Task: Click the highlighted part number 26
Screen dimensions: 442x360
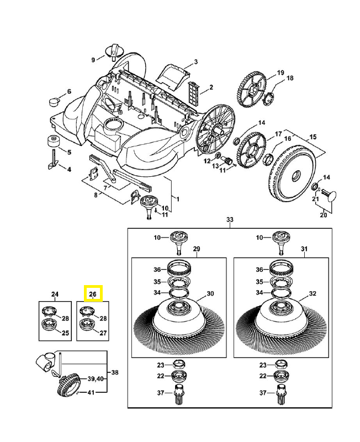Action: pyautogui.click(x=92, y=294)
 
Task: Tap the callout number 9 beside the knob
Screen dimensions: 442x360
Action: pyautogui.click(x=93, y=59)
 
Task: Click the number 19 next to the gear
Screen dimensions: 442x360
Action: pyautogui.click(x=280, y=72)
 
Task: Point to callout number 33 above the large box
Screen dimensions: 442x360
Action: pyautogui.click(x=230, y=220)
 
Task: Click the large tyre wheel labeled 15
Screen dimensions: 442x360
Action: pyautogui.click(x=292, y=171)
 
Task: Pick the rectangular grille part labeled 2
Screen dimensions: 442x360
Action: pyautogui.click(x=193, y=89)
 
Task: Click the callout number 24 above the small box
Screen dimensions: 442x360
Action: pyautogui.click(x=55, y=294)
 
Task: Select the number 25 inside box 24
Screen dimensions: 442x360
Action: pyautogui.click(x=65, y=333)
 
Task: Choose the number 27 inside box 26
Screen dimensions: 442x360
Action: pyautogui.click(x=103, y=333)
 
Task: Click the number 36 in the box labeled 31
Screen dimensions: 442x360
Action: pyautogui.click(x=260, y=270)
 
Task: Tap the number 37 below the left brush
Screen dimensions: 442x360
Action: pyautogui.click(x=160, y=393)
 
